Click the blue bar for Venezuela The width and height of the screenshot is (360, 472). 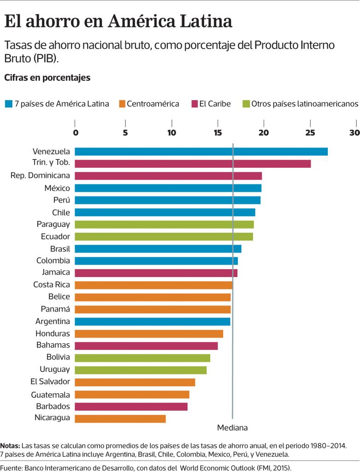click(201, 152)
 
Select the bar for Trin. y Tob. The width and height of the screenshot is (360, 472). click(193, 164)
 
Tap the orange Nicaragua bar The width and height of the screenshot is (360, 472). click(120, 419)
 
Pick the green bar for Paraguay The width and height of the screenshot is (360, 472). click(164, 224)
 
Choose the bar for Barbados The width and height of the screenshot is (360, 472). click(131, 407)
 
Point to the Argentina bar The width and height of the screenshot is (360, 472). click(152, 321)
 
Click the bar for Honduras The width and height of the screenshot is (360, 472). click(148, 334)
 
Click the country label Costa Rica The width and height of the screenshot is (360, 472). click(52, 285)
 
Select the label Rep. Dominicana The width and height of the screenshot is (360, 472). click(40, 176)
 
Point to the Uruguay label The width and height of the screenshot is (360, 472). click(55, 370)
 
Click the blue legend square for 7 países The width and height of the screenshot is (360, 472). click(8, 104)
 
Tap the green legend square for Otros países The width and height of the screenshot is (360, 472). click(246, 104)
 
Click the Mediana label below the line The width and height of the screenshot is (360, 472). click(232, 428)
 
